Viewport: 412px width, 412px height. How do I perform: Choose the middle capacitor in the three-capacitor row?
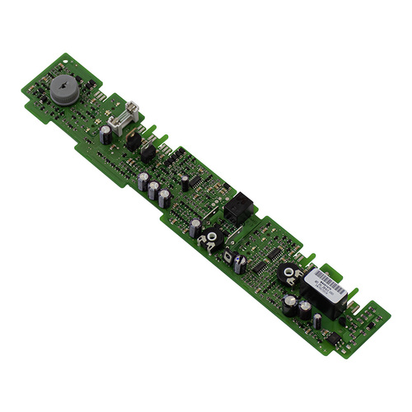click(153, 190)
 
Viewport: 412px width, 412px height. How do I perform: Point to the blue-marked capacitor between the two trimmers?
click(239, 263)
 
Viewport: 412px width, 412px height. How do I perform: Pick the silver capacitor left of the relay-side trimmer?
click(194, 226)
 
